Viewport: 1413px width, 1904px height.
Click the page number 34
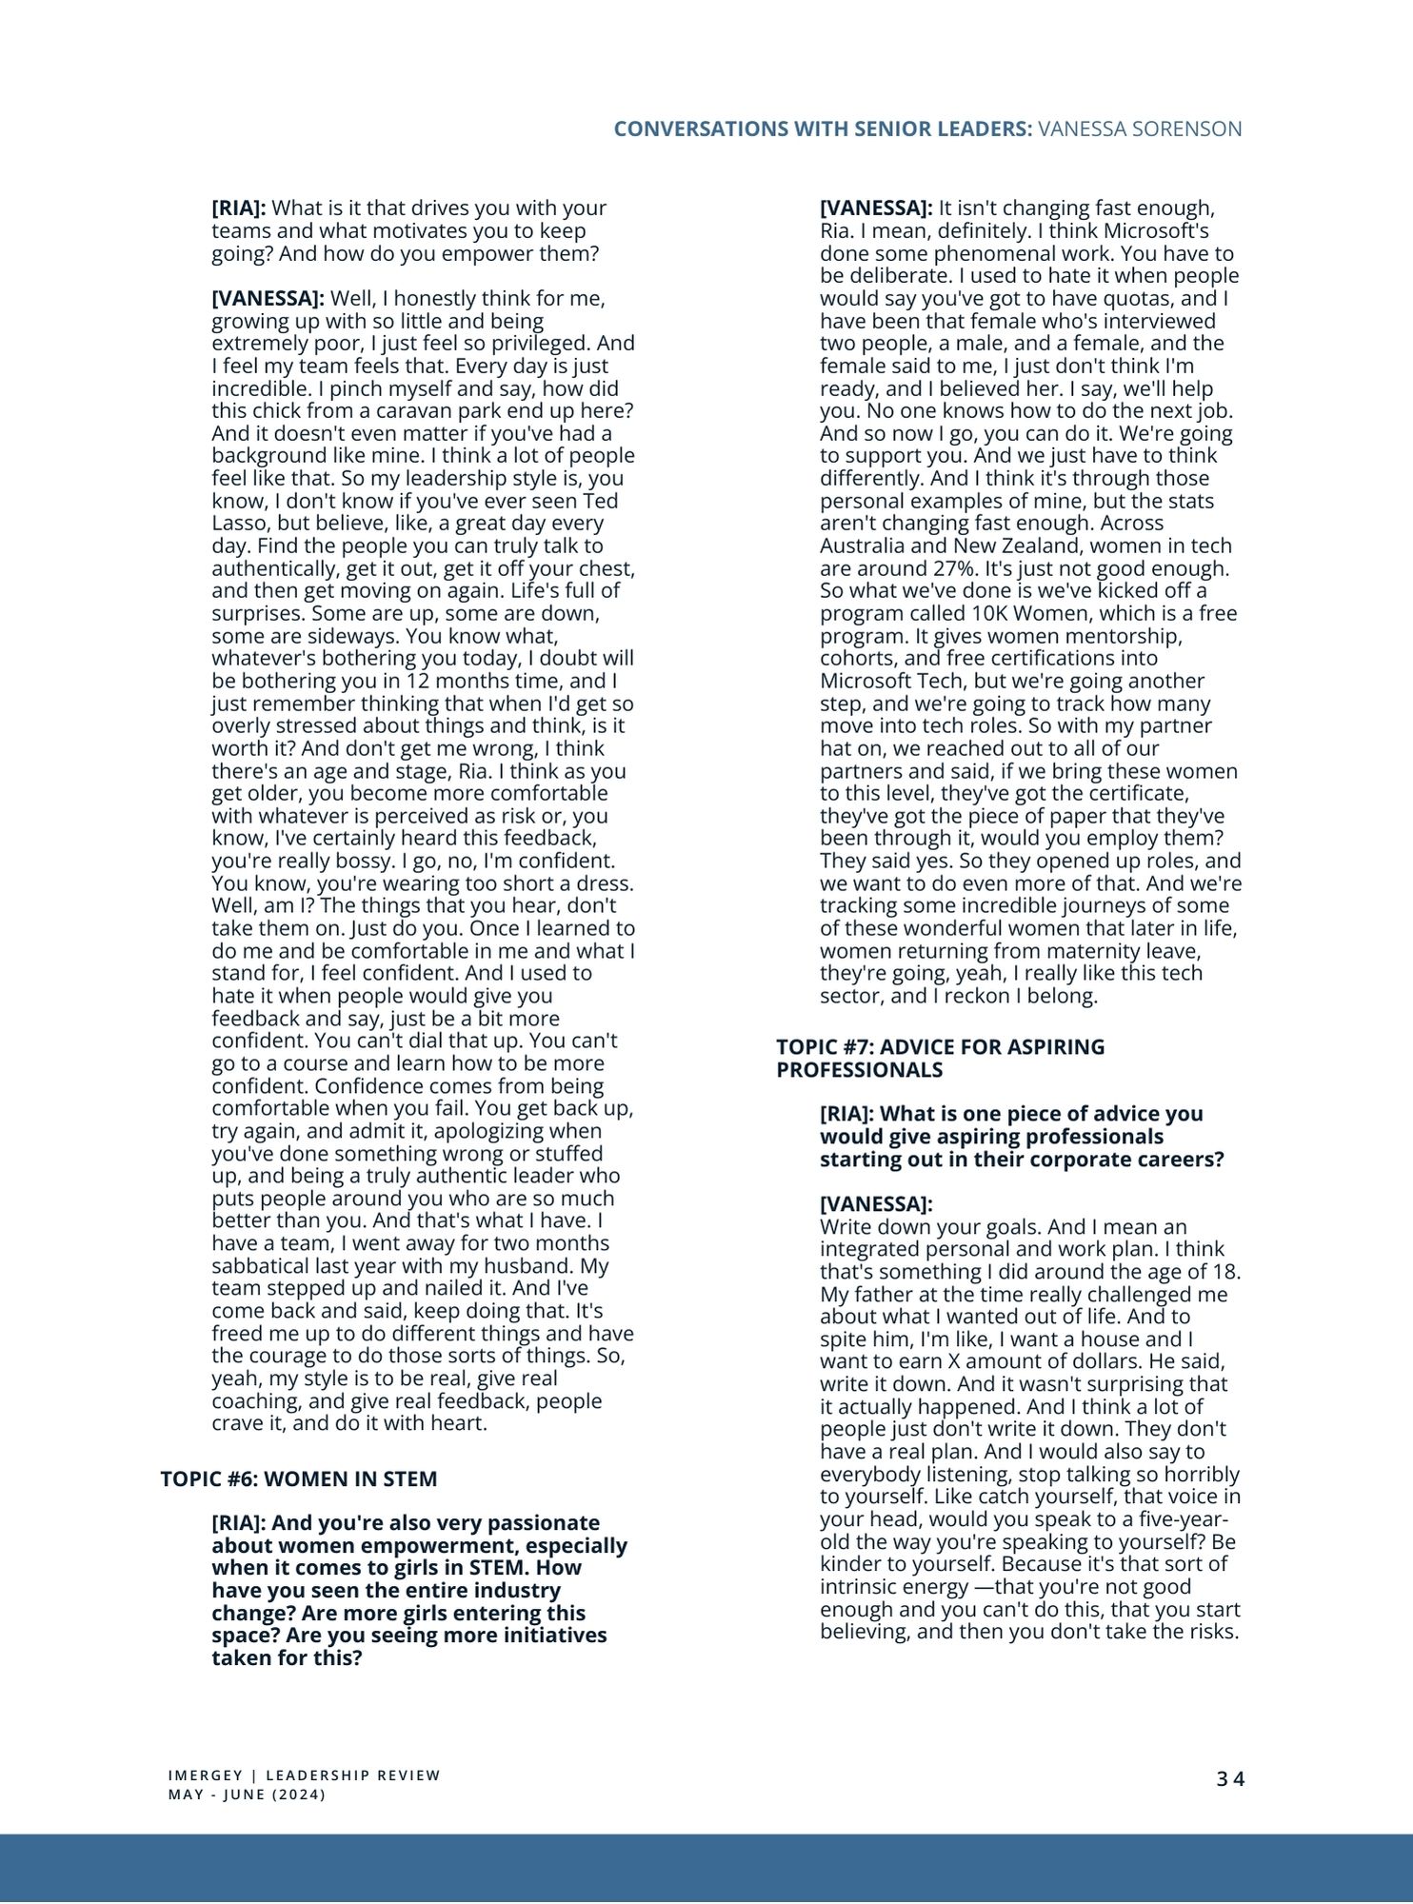pos(1230,1778)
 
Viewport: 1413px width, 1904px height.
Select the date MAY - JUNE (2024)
pos(247,1795)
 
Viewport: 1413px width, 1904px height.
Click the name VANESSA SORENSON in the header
pos(1140,129)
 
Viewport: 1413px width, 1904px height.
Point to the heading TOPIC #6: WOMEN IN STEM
pos(299,1478)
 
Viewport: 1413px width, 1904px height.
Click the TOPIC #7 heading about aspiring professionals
pos(940,1058)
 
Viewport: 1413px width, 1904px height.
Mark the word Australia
pos(865,546)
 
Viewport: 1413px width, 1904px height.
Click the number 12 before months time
pos(418,681)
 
